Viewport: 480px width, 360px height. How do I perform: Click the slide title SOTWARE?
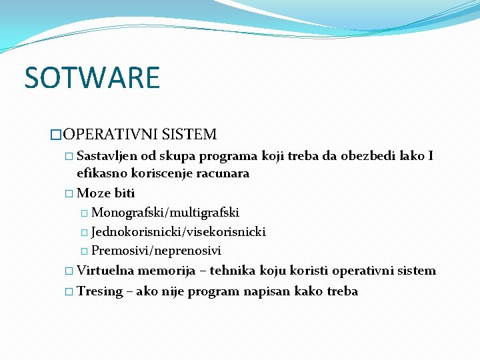coord(92,77)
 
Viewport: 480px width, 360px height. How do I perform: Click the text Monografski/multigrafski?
coord(165,213)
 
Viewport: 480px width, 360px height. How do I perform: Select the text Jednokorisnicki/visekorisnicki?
coord(179,232)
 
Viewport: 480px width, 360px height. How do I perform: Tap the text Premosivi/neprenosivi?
coord(156,251)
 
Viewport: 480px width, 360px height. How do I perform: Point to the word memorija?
coord(167,271)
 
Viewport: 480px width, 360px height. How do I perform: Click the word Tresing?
coord(100,291)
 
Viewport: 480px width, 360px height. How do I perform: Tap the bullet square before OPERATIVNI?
coord(56,135)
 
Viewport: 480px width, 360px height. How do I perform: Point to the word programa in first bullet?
coord(229,157)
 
